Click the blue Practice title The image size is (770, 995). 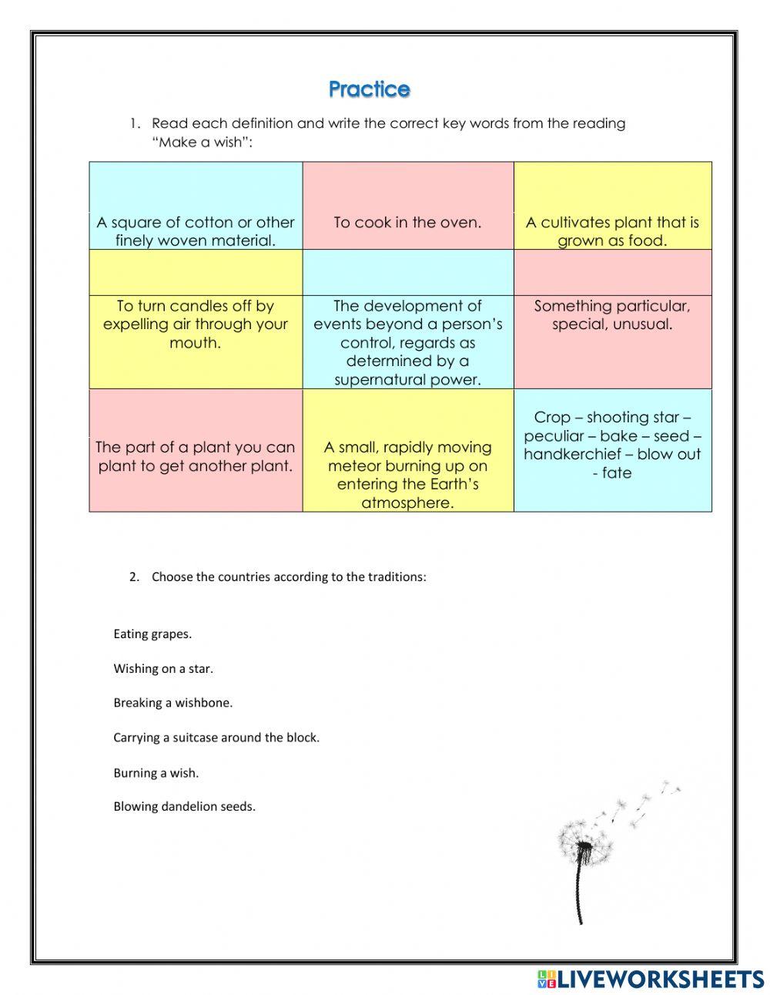[x=370, y=89]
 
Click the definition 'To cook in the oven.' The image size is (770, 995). [x=407, y=223]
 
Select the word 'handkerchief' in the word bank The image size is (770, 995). [x=573, y=454]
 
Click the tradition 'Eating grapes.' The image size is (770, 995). [x=152, y=634]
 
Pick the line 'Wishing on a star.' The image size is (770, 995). [x=163, y=669]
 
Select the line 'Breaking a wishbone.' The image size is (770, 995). [x=172, y=703]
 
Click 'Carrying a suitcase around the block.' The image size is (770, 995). [x=216, y=738]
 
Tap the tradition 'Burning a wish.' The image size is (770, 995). [x=156, y=772]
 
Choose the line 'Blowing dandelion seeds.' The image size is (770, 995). [x=184, y=807]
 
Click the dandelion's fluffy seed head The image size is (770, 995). [x=585, y=844]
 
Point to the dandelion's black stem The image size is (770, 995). [x=579, y=894]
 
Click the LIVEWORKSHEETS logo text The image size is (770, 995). [x=659, y=979]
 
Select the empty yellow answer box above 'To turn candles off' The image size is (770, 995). [x=196, y=272]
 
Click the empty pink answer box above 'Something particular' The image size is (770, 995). [x=612, y=272]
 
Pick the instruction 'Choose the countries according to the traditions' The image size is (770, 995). [x=288, y=576]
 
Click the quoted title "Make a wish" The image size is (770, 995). [x=203, y=142]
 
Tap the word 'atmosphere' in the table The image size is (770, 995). [x=407, y=503]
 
